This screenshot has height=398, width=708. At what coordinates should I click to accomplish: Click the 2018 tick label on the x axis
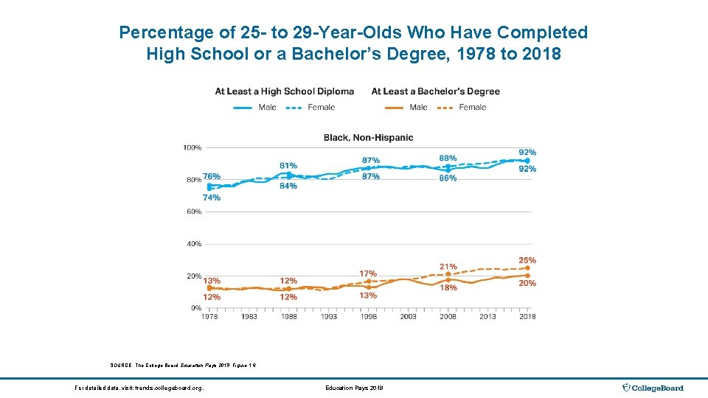(527, 316)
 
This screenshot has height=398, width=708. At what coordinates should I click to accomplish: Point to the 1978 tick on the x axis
(209, 316)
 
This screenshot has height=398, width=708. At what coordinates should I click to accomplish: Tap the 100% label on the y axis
(192, 147)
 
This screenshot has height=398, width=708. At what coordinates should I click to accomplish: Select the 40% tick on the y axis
(194, 244)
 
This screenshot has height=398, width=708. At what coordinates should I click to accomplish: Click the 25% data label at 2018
(527, 261)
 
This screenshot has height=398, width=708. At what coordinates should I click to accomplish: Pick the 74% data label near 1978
(212, 198)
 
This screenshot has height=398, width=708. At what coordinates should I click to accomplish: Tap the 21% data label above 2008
(448, 267)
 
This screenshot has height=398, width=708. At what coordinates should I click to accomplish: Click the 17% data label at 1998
(368, 273)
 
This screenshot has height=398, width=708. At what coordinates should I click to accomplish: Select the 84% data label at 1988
(288, 186)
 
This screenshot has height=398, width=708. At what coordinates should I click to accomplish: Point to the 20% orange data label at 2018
(527, 283)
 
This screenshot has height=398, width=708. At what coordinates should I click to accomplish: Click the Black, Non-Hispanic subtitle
(368, 137)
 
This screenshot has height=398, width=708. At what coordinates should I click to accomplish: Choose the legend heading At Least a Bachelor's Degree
(435, 91)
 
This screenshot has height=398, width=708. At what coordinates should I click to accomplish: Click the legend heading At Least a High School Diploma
(284, 91)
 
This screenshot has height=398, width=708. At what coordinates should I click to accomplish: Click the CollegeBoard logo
(653, 388)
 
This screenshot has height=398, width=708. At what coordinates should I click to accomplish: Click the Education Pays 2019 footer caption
(354, 388)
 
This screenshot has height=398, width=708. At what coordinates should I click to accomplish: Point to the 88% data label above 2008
(448, 158)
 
